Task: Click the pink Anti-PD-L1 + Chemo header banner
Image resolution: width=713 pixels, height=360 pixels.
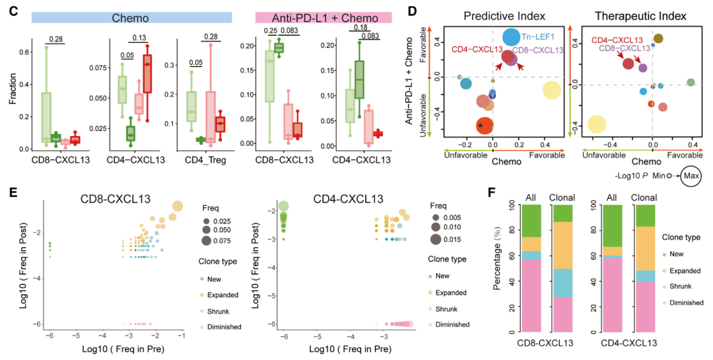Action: [x=323, y=17]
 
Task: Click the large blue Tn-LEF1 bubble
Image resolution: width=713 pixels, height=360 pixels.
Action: [x=511, y=38]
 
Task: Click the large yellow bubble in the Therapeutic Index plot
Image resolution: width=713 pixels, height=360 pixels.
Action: [x=597, y=124]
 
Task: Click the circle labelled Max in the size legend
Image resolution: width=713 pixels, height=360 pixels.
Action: [x=693, y=176]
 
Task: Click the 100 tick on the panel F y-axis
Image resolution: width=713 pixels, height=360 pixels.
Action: [x=510, y=207]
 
